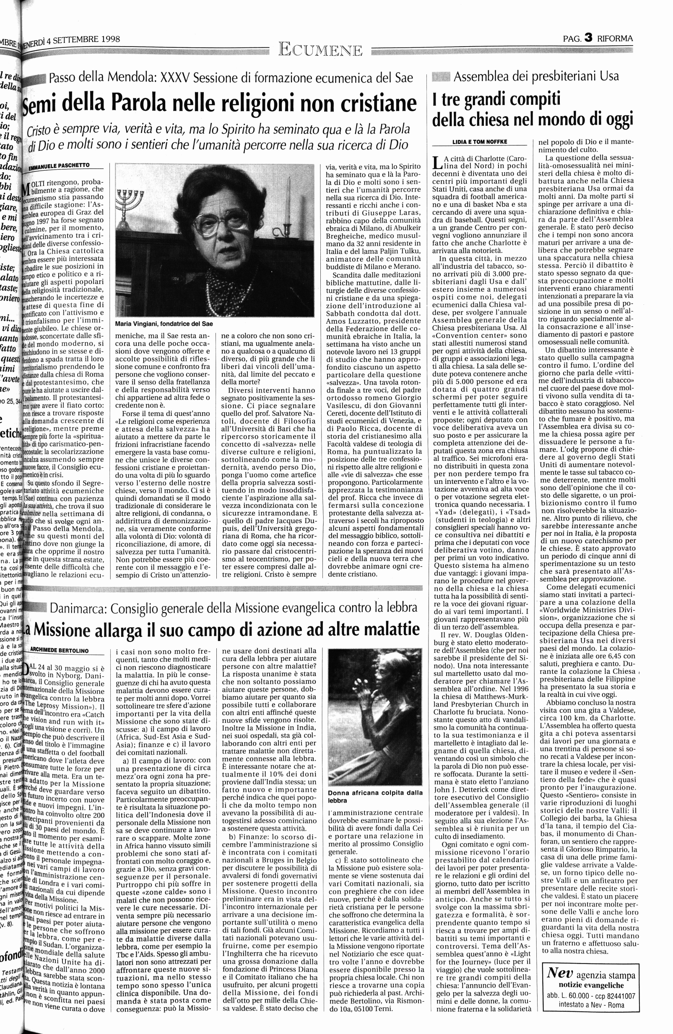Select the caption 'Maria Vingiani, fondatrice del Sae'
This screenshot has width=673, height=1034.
pos(164,323)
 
